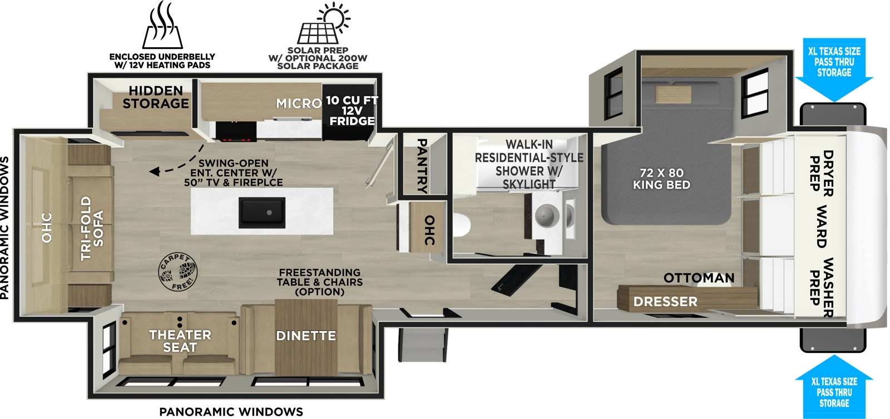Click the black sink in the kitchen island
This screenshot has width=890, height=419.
click(262, 212)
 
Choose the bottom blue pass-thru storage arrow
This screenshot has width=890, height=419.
click(834, 386)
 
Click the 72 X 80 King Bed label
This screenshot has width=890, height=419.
click(661, 179)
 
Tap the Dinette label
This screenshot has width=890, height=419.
click(306, 336)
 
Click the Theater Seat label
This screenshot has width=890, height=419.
click(180, 341)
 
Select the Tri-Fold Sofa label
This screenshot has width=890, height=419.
click(92, 228)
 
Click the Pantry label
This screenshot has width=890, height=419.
click(422, 166)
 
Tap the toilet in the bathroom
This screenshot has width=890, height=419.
click(462, 226)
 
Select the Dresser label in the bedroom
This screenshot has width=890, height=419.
click(665, 302)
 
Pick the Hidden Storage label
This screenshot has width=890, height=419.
click(156, 97)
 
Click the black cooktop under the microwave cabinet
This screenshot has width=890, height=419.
click(236, 131)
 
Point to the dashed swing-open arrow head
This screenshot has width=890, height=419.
click(155, 172)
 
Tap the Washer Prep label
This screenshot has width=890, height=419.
click(821, 287)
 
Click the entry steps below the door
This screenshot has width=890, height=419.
click(423, 345)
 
